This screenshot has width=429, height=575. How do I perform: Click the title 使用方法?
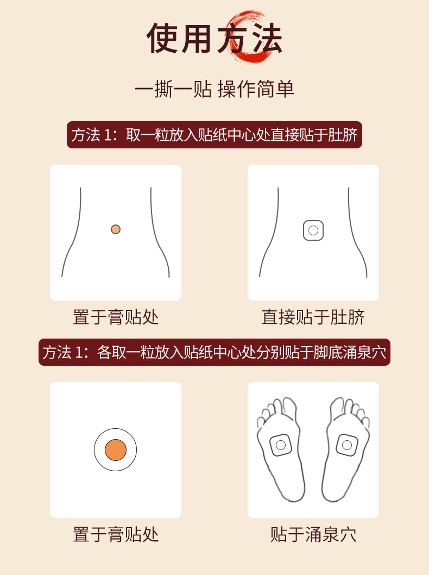click(214, 38)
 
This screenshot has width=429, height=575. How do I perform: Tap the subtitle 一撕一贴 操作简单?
click(214, 89)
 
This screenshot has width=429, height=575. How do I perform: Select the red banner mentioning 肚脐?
click(214, 135)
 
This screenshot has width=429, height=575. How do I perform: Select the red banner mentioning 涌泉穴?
click(214, 352)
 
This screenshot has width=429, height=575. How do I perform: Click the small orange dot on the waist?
click(116, 229)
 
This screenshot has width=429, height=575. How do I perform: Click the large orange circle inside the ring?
click(116, 450)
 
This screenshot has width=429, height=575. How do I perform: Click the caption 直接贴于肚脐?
click(313, 317)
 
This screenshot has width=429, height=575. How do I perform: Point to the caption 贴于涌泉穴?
click(313, 535)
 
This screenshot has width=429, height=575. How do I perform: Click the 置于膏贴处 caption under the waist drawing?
click(116, 317)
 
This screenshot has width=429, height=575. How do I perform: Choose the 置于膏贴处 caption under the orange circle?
click(116, 535)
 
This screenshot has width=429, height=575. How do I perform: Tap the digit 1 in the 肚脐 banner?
click(108, 135)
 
